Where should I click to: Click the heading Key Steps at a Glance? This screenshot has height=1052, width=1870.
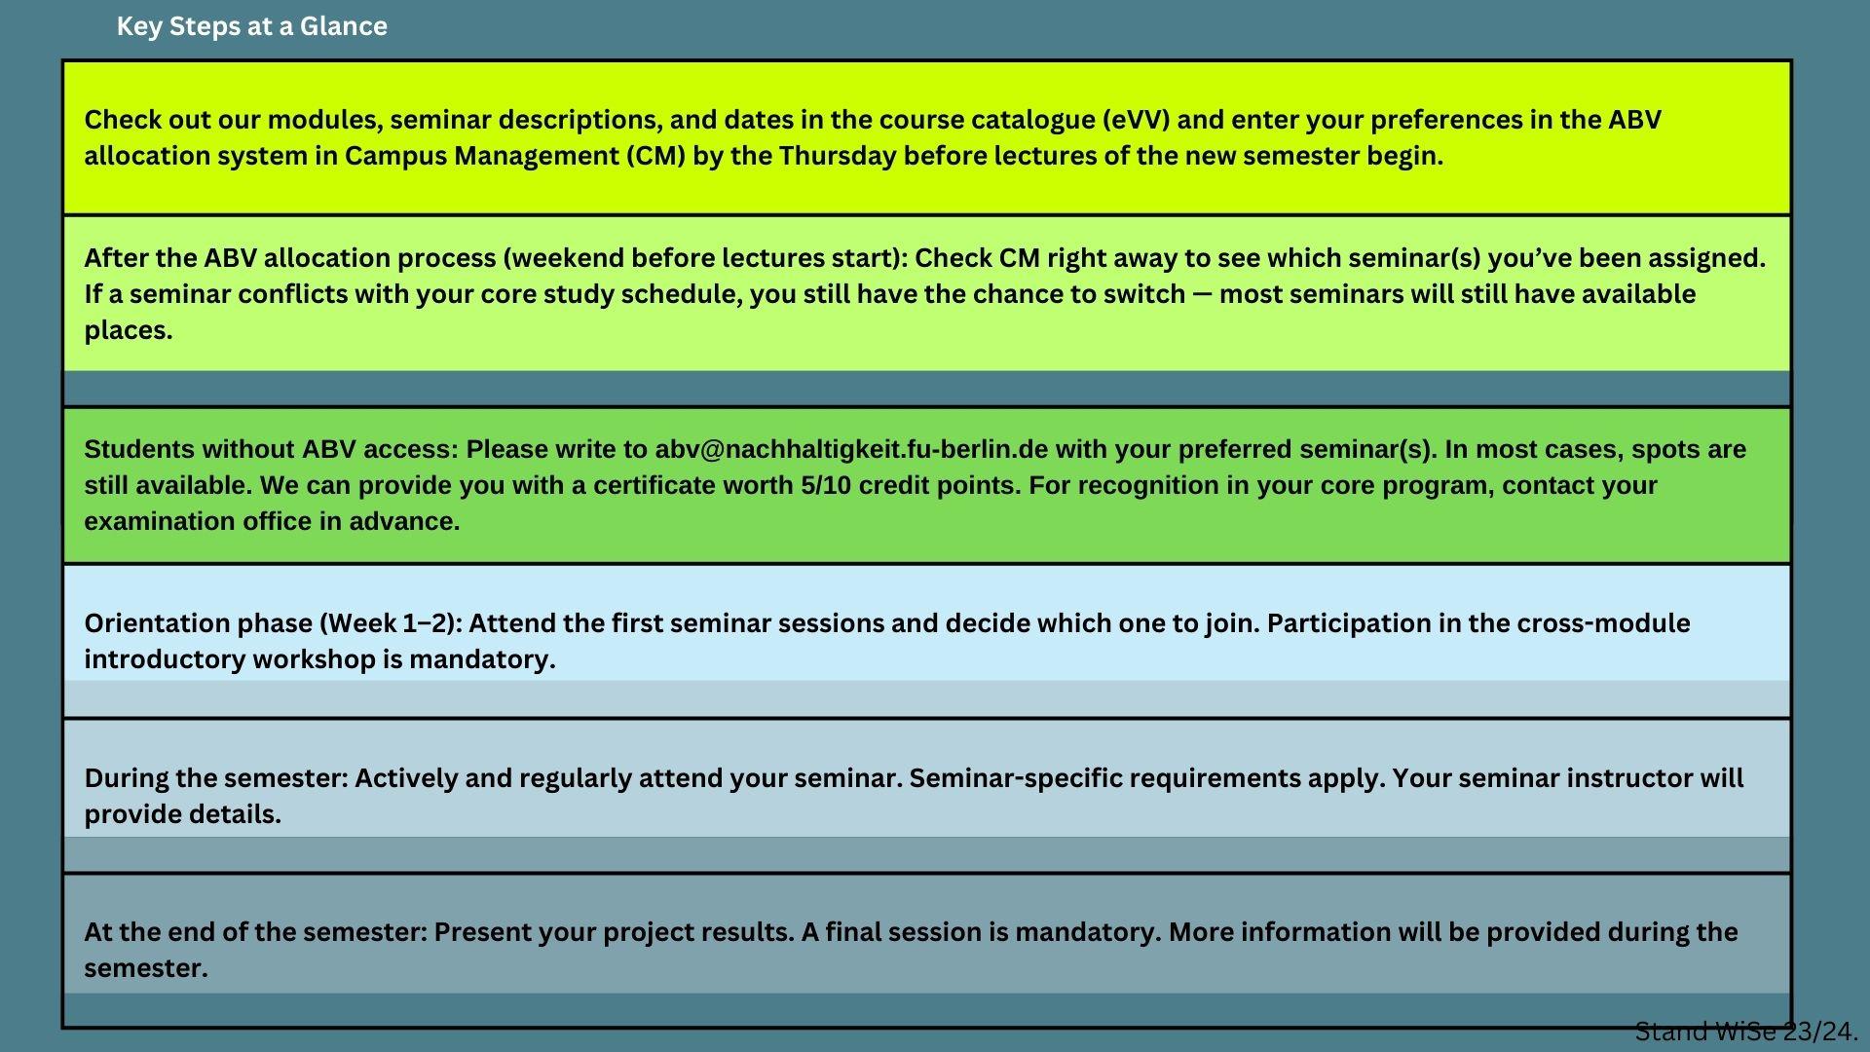point(251,26)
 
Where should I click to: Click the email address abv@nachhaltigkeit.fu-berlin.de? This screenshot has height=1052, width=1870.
point(851,450)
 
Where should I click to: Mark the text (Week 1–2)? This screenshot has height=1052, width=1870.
point(391,623)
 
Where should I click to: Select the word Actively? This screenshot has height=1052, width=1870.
point(397,778)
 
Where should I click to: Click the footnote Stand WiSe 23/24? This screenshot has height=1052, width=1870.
point(1747,1032)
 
